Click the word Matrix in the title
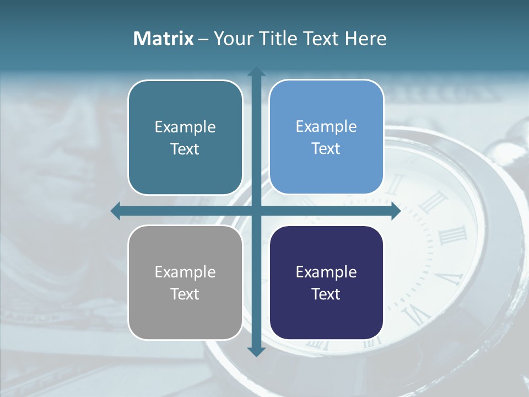click(x=164, y=39)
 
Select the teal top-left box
click(x=185, y=138)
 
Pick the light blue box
click(x=326, y=137)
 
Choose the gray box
click(x=185, y=283)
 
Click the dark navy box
click(x=326, y=283)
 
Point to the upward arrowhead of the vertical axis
click(x=256, y=72)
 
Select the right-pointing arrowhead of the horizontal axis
click(x=395, y=211)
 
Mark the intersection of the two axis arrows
click(x=256, y=211)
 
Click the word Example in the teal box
click(x=185, y=127)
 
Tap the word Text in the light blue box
click(x=326, y=148)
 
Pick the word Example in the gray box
click(x=185, y=272)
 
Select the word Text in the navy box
click(x=326, y=294)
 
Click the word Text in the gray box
click(x=185, y=294)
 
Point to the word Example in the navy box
click(x=326, y=272)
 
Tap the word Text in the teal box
click(x=185, y=149)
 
